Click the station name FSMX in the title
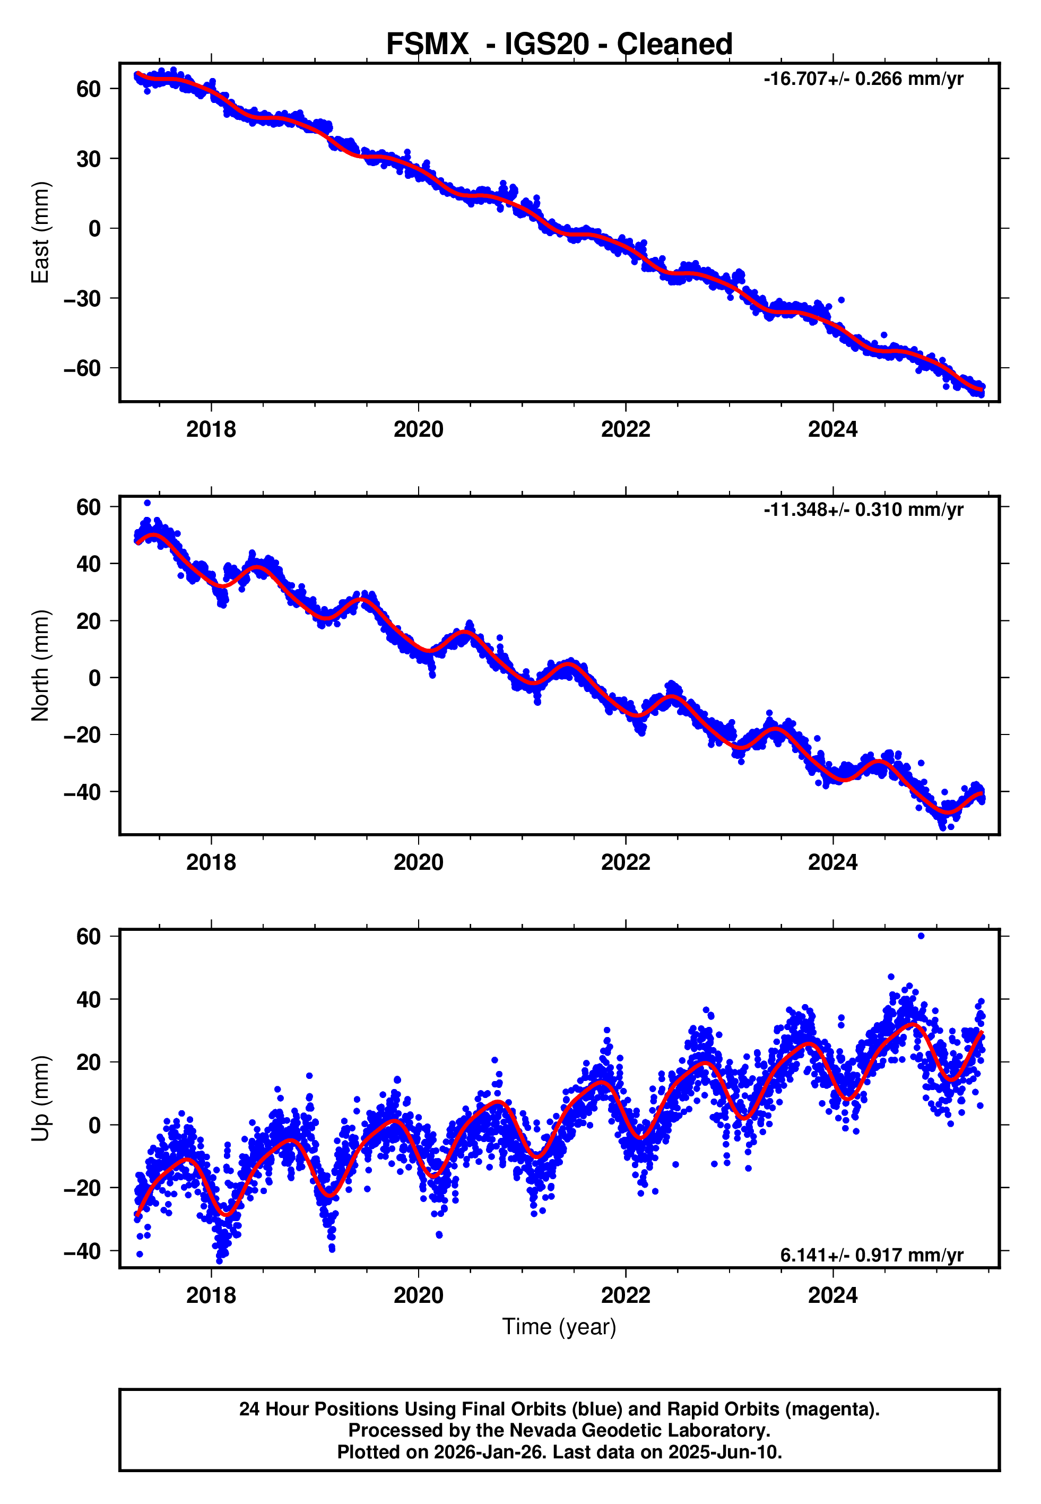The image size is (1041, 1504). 427,45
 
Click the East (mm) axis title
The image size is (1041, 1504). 40,232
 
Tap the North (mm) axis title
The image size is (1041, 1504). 40,665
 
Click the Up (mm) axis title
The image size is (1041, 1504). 40,1099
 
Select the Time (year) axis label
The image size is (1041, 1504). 559,1327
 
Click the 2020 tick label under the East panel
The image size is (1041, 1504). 418,429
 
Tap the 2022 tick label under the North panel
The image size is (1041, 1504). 626,862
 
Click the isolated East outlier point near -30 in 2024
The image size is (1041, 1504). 842,300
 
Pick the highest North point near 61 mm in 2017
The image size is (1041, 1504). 148,503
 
